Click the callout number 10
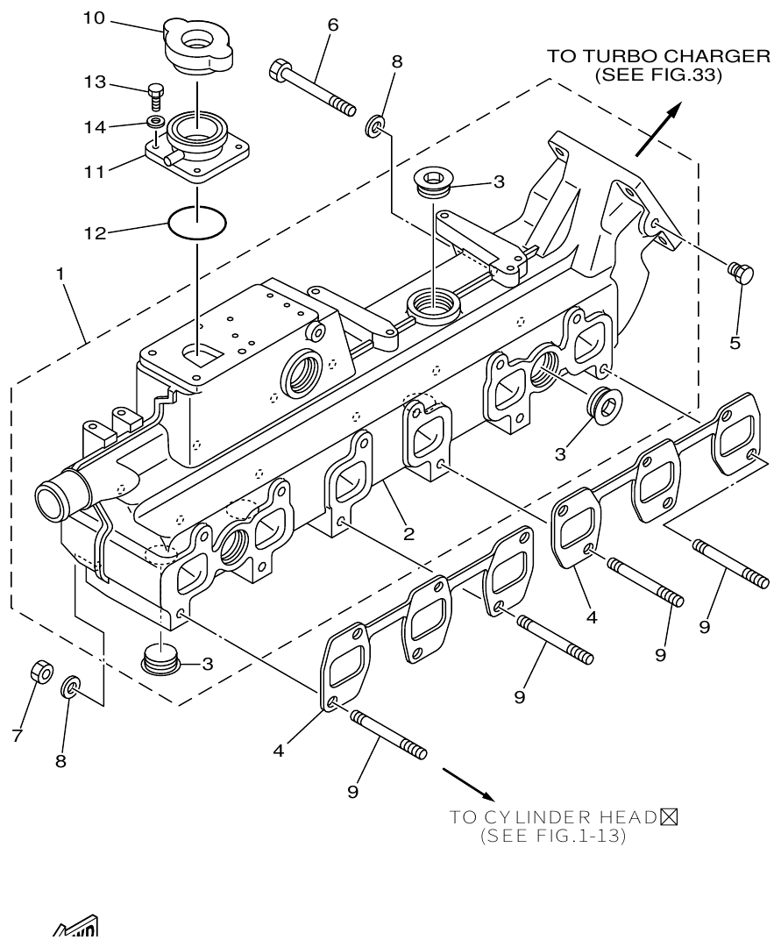click(96, 18)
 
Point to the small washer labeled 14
click(155, 120)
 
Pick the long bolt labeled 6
click(312, 87)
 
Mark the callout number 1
click(60, 274)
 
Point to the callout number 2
click(408, 532)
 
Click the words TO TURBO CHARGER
click(657, 56)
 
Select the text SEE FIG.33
click(657, 75)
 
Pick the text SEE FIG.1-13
click(552, 837)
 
